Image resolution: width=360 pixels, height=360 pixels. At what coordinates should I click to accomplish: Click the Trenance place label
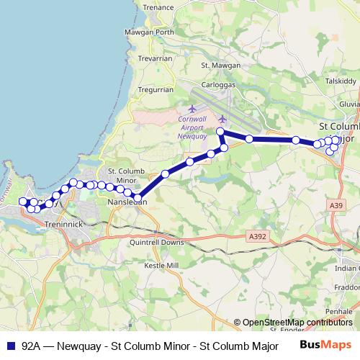click(158, 7)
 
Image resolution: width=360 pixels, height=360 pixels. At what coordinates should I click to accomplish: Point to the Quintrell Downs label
click(157, 243)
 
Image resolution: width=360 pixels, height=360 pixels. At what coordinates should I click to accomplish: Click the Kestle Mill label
click(161, 266)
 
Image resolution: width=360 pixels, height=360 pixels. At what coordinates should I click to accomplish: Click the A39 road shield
click(336, 206)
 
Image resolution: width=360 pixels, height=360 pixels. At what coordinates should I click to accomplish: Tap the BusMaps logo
click(325, 345)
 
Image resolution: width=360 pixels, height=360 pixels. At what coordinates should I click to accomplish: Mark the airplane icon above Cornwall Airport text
click(192, 109)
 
